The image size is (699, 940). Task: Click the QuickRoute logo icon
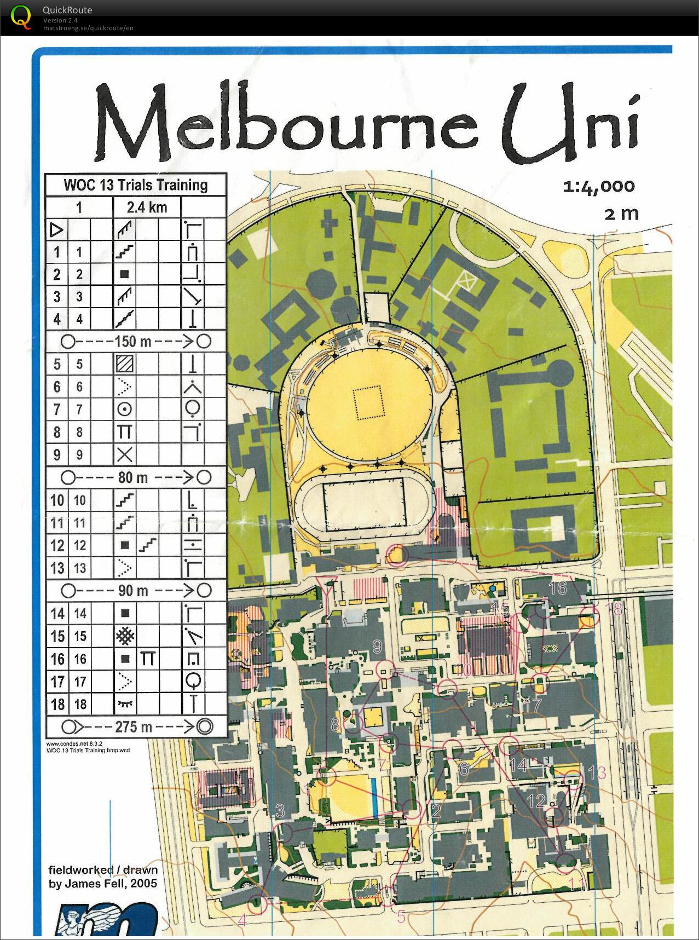pyautogui.click(x=21, y=16)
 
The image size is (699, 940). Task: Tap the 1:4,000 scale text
pyautogui.click(x=599, y=187)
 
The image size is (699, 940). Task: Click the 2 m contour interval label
pyautogui.click(x=621, y=213)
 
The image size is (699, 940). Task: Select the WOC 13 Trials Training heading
pyautogui.click(x=136, y=185)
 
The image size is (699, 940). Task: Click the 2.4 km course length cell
pyautogui.click(x=147, y=207)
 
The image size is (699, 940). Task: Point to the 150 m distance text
pyautogui.click(x=132, y=342)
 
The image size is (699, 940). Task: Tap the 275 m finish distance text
pyautogui.click(x=133, y=726)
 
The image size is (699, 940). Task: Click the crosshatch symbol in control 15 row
pyautogui.click(x=125, y=636)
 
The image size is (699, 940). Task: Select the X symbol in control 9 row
pyautogui.click(x=125, y=454)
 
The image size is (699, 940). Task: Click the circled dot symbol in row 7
pyautogui.click(x=125, y=409)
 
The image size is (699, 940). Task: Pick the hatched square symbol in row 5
pyautogui.click(x=125, y=364)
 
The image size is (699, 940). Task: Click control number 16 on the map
pyautogui.click(x=557, y=588)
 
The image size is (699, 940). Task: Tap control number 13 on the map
pyautogui.click(x=597, y=772)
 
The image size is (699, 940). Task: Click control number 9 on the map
pyautogui.click(x=377, y=647)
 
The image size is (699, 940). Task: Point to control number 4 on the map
pyautogui.click(x=242, y=920)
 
